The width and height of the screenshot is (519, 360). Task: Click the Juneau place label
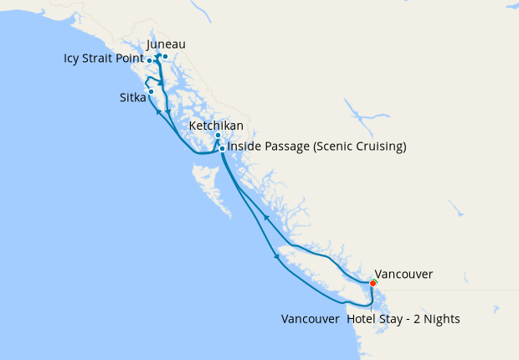tap(166, 44)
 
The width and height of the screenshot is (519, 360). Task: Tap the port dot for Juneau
tap(165, 57)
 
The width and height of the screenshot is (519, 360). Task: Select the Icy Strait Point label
tap(104, 59)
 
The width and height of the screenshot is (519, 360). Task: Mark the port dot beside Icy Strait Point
tap(149, 61)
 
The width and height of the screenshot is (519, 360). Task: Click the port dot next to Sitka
tap(151, 91)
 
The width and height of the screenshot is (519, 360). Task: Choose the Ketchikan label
tap(217, 126)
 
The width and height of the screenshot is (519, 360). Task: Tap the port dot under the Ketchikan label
tap(218, 136)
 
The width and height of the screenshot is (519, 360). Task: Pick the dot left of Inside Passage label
tap(222, 148)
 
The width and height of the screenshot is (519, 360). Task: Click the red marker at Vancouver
tap(373, 283)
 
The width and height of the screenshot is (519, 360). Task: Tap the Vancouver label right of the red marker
tap(403, 274)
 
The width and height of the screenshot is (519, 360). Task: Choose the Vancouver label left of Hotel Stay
tap(310, 320)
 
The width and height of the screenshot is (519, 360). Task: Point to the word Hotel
tap(362, 320)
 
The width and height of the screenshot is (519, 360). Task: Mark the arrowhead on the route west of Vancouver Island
tap(276, 257)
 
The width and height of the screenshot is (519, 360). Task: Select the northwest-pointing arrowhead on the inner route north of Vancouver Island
tap(265, 217)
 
